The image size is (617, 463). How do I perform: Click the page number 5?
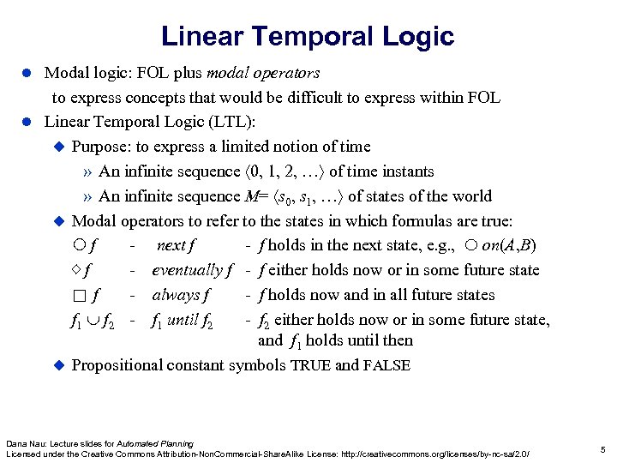(603, 448)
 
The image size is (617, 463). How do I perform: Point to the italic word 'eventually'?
(186, 270)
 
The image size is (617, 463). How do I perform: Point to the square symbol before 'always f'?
(80, 296)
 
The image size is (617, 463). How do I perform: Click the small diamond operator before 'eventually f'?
(75, 270)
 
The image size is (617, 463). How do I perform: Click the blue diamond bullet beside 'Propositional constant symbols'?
(59, 365)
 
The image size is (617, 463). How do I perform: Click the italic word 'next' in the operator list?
(171, 245)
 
